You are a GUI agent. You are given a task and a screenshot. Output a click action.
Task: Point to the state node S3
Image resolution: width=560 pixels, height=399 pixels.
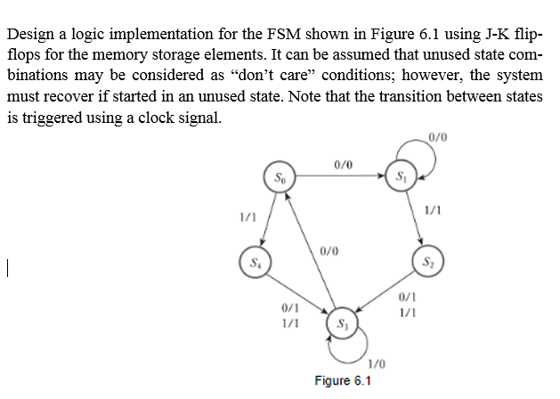coord(341,322)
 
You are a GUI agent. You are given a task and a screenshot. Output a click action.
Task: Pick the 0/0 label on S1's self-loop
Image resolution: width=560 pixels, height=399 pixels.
coord(437,136)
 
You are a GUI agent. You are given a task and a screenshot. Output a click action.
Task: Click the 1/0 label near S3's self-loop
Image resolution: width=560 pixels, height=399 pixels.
coord(377,362)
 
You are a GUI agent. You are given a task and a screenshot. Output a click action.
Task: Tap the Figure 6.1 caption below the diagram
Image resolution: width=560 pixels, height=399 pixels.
coord(343,381)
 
